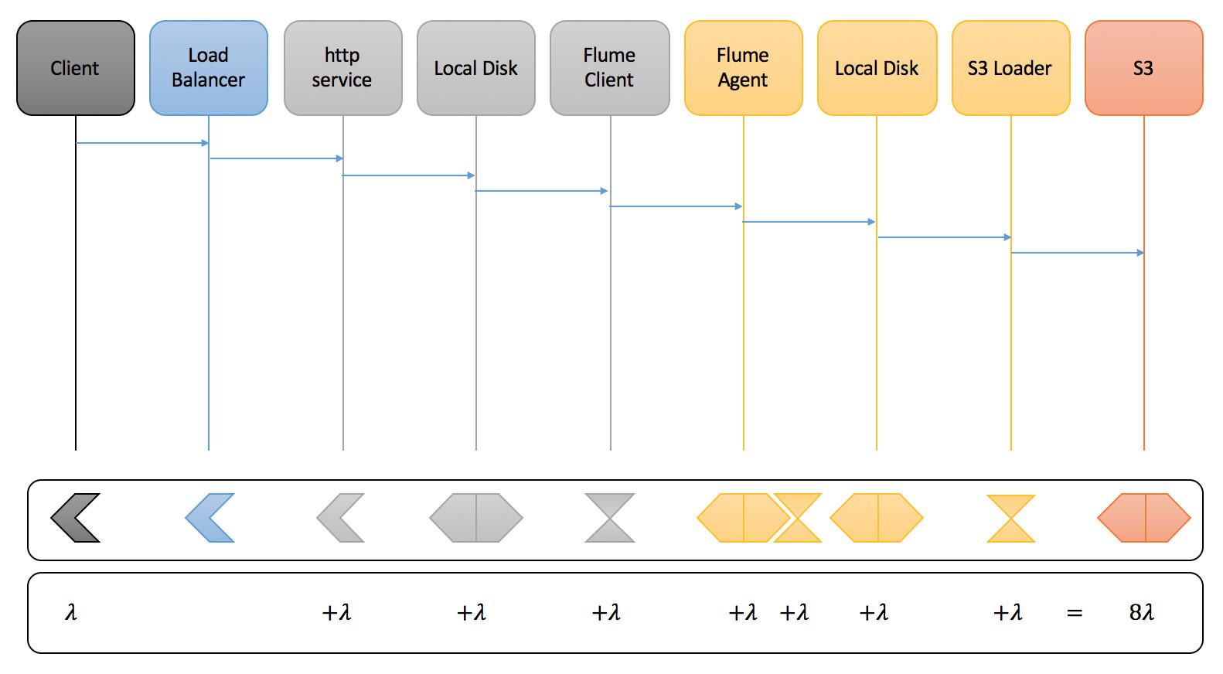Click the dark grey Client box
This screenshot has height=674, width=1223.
[x=75, y=68]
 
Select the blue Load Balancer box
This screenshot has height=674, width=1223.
[x=208, y=68]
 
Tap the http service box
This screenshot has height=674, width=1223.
[x=342, y=68]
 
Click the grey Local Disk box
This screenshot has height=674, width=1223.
[x=475, y=68]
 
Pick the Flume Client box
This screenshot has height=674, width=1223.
[x=609, y=68]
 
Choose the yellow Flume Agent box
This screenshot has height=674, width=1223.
[x=743, y=68]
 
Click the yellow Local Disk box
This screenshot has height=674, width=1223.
[x=877, y=68]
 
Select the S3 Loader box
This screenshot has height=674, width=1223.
[x=1010, y=68]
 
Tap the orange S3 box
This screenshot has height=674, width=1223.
[x=1143, y=68]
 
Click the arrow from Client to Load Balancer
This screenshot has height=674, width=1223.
[x=142, y=143]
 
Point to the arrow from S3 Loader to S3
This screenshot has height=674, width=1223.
[x=1077, y=253]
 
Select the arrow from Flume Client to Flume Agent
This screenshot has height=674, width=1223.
[x=676, y=206]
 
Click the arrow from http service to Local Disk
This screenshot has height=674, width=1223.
[x=408, y=175]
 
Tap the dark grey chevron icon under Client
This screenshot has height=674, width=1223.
[x=75, y=518]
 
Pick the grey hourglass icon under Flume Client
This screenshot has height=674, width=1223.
[x=610, y=518]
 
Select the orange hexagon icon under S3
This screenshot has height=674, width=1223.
[x=1143, y=518]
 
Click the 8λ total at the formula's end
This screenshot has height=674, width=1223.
[x=1141, y=613]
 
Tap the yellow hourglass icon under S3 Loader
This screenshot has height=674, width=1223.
[x=1010, y=519]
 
